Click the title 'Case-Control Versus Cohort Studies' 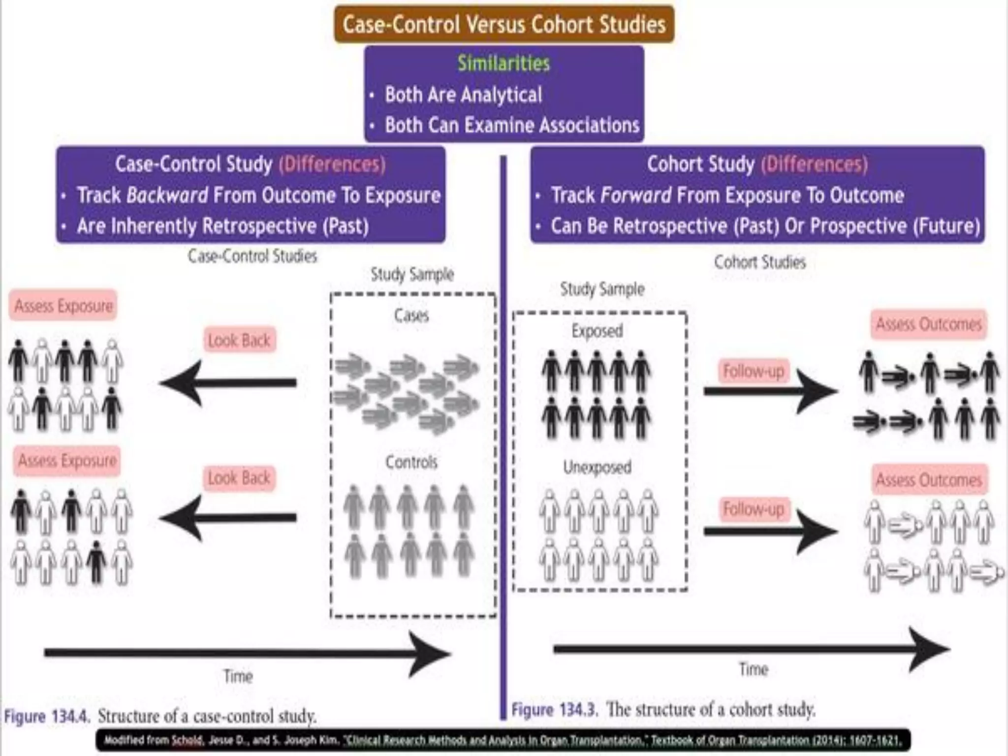click(504, 24)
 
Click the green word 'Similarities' click(504, 63)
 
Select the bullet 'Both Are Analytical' click(463, 95)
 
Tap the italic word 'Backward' click(167, 195)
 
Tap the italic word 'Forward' click(636, 195)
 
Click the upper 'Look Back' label click(239, 340)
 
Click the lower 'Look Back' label click(239, 478)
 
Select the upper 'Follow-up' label click(753, 371)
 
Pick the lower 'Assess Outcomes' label click(929, 479)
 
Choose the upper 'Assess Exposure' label click(63, 306)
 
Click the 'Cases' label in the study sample click(411, 315)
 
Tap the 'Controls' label click(411, 462)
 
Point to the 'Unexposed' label click(597, 467)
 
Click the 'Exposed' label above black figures click(597, 331)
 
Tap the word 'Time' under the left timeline click(238, 676)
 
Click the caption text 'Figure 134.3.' click(554, 710)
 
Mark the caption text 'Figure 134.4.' click(47, 716)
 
